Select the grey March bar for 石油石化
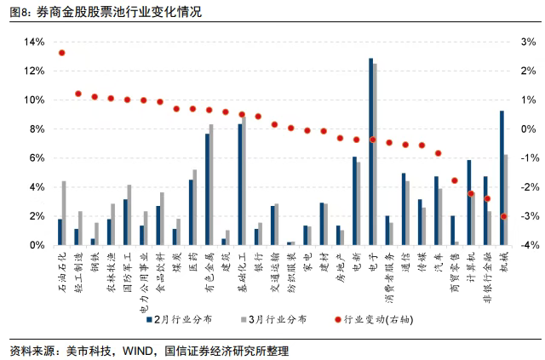click(x=64, y=213)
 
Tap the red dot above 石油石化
click(x=61, y=53)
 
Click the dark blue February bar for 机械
click(x=502, y=178)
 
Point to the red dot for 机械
click(x=503, y=216)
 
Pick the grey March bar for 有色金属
click(x=211, y=185)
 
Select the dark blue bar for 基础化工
click(x=240, y=185)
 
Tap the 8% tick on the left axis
click(x=36, y=129)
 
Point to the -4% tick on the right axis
click(x=527, y=245)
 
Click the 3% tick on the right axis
click(x=527, y=42)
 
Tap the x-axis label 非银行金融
click(x=487, y=273)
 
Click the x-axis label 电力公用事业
click(x=142, y=277)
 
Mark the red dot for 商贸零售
click(x=455, y=180)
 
